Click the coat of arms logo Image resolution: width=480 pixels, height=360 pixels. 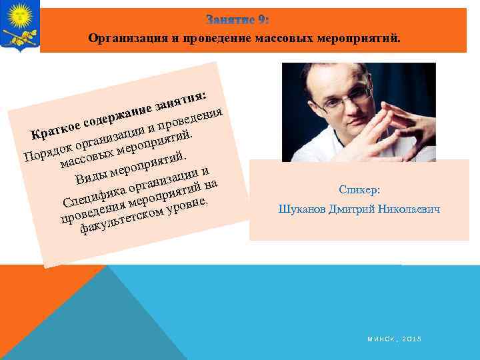coord(19,26)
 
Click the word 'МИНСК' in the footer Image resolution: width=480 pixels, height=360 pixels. coord(380,340)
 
